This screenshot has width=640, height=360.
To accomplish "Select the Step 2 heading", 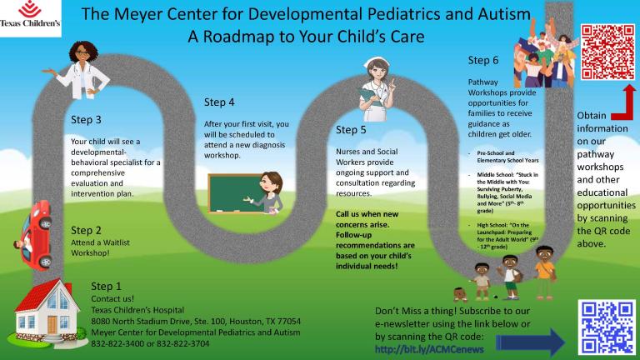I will pos(87,230).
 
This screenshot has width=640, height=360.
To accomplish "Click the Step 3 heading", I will pos(87,119).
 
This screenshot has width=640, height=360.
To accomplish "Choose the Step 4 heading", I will pos(219,102).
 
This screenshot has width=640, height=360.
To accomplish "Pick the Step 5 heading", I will pos(351,130).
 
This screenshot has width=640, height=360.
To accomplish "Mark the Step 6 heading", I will pos(483,60).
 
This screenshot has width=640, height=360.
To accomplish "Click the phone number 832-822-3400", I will pos(119,343).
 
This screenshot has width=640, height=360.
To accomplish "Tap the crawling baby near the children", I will pos(460,294).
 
